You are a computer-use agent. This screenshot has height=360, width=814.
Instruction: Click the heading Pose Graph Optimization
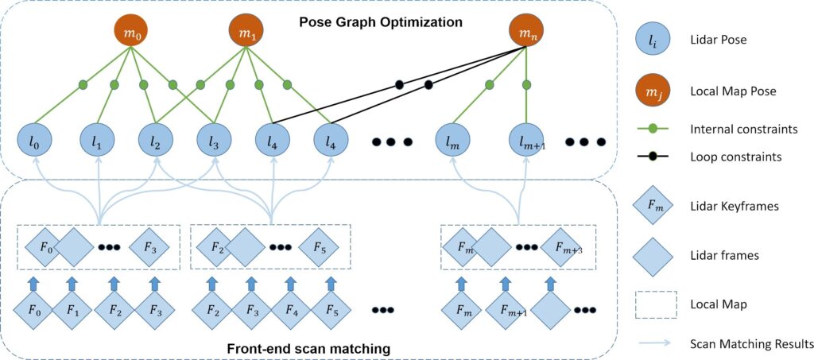(x=381, y=22)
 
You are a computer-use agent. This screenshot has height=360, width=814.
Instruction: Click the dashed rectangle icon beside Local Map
(x=656, y=303)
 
